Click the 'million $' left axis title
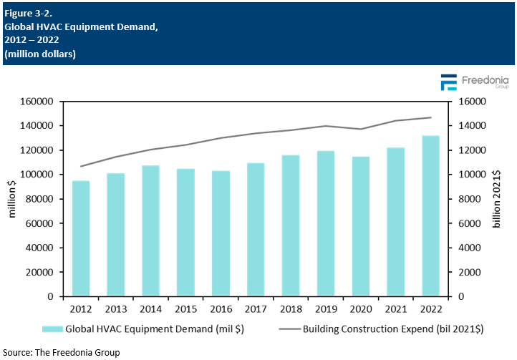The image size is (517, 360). (x=12, y=199)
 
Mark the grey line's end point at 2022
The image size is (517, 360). (x=431, y=117)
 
